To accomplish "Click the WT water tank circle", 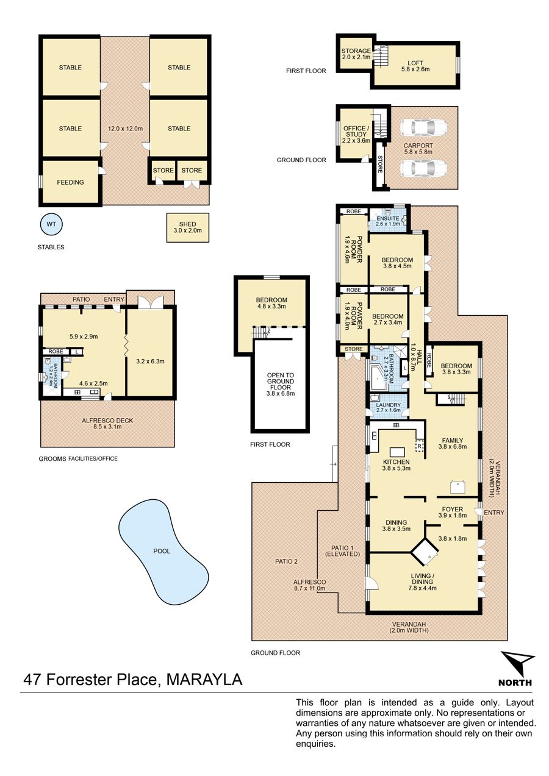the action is [51, 224].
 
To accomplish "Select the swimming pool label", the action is [162, 551].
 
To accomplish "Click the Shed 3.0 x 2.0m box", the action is [187, 227].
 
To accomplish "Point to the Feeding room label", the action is [70, 182].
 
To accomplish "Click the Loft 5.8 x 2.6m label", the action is [415, 66].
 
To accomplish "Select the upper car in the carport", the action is [423, 128].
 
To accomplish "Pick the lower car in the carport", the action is [423, 168].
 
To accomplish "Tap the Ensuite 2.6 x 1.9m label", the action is [388, 221].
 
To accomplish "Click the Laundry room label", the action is [388, 407].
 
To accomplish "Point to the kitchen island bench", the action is [397, 452].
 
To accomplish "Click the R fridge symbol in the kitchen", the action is [420, 446].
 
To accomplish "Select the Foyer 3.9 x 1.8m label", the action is [452, 512].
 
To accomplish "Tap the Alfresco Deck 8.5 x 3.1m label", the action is [107, 423].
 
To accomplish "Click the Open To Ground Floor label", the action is [281, 384].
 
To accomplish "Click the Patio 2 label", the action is [286, 561].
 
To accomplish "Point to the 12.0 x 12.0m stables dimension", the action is [125, 129].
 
